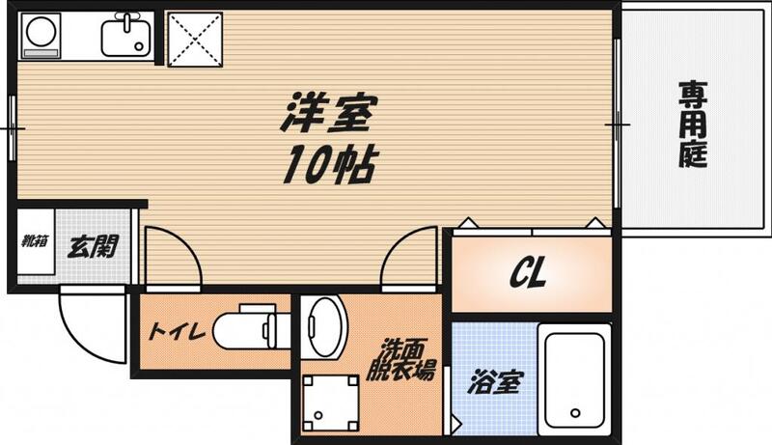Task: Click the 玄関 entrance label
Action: point(93,245)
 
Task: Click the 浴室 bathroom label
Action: point(494,383)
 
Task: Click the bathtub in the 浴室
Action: point(574,380)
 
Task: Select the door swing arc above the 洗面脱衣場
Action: point(412,255)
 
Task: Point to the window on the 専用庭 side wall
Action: point(617,124)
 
